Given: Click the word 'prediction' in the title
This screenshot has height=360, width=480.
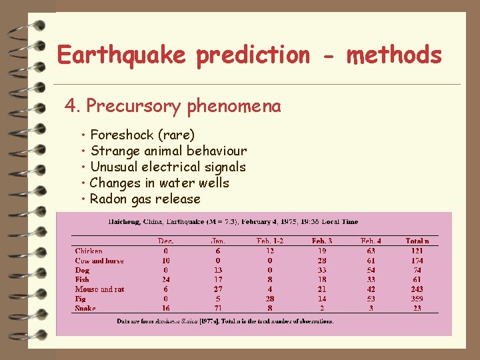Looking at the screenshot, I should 253,55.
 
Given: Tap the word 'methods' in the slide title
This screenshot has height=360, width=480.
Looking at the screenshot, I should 394,54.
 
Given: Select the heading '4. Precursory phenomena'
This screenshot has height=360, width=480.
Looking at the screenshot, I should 173,106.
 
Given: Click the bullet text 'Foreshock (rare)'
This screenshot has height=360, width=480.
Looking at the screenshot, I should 142,135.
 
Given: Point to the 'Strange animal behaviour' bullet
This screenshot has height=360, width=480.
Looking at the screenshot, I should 168,151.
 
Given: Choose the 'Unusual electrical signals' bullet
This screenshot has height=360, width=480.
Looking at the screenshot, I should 168,167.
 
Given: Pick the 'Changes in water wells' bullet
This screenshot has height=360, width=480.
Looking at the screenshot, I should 159,183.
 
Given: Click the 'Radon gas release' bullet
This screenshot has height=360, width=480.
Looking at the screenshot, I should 145,199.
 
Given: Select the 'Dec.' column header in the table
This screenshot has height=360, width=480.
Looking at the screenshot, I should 165,241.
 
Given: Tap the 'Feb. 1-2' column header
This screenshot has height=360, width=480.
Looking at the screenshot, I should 270,241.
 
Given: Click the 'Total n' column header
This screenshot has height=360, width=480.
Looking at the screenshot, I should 417,241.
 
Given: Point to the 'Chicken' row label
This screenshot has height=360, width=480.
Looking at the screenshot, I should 89,251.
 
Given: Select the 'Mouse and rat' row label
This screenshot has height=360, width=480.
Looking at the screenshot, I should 99,289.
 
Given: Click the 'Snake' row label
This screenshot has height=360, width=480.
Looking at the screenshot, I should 85,308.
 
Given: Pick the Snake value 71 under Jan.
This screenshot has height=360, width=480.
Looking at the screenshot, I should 217,308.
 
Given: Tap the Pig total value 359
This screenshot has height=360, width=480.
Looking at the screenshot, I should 417,299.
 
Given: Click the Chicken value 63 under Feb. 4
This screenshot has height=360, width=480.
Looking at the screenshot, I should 371,251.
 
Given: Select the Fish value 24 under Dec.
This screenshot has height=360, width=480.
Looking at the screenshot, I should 165,280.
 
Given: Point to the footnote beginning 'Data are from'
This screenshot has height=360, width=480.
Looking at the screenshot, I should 225,321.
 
